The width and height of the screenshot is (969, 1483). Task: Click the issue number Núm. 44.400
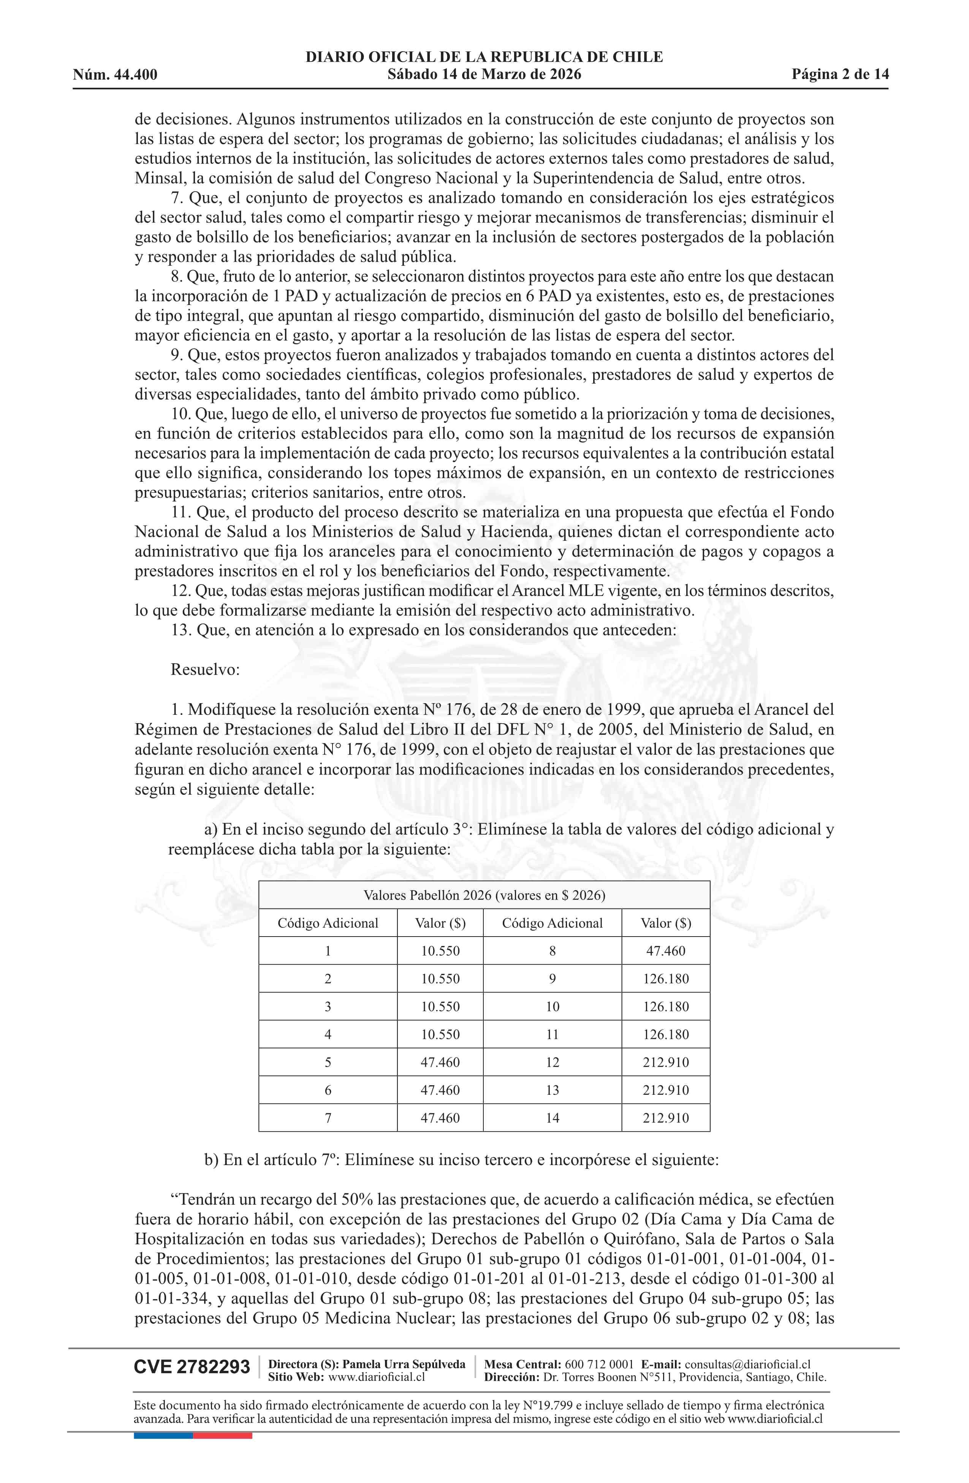tap(115, 75)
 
